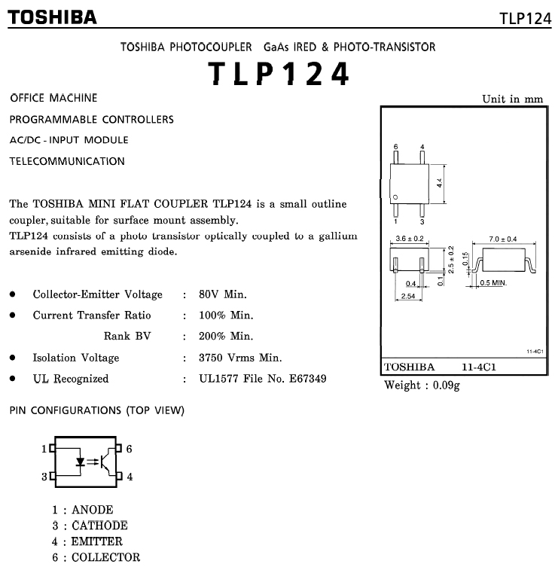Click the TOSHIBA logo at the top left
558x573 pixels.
tap(53, 17)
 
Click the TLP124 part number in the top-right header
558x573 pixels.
tap(526, 18)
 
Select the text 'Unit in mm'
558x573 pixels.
tap(512, 99)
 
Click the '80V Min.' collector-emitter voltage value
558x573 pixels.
tap(223, 294)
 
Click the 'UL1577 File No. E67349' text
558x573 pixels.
tap(263, 379)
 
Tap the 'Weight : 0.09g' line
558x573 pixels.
tap(422, 386)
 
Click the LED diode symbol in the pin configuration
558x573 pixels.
tap(80, 462)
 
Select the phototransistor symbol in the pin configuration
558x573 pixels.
tap(108, 462)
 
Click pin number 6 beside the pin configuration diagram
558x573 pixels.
tap(129, 449)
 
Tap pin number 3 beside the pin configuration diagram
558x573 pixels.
tap(44, 477)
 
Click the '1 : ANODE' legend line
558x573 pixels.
tap(83, 510)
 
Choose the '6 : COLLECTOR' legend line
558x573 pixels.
tap(96, 557)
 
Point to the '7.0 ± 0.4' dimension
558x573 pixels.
tap(502, 239)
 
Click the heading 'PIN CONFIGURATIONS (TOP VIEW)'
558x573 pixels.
tap(96, 410)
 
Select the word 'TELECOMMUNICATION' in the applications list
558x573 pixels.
tap(67, 161)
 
